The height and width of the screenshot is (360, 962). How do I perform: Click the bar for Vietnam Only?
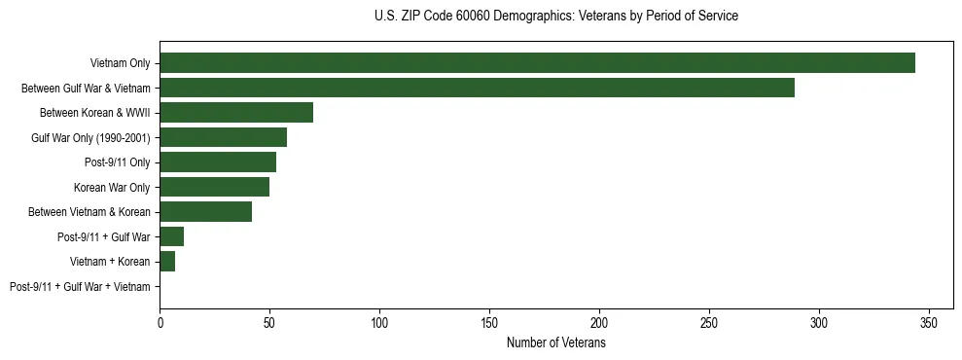tap(537, 63)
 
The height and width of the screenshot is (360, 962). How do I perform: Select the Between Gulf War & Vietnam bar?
tap(477, 88)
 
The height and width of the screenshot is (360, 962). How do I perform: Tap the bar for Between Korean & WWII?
tap(236, 113)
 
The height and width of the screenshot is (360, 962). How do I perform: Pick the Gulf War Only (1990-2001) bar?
tap(223, 137)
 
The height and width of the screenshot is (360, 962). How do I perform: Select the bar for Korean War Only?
tap(214, 187)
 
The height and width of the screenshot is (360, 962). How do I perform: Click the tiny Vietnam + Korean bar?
tap(167, 262)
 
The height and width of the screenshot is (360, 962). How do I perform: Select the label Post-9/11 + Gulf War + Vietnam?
tap(80, 287)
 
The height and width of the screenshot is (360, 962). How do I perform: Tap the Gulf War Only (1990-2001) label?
tap(90, 137)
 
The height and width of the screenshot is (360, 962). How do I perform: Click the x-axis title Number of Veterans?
tap(556, 343)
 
